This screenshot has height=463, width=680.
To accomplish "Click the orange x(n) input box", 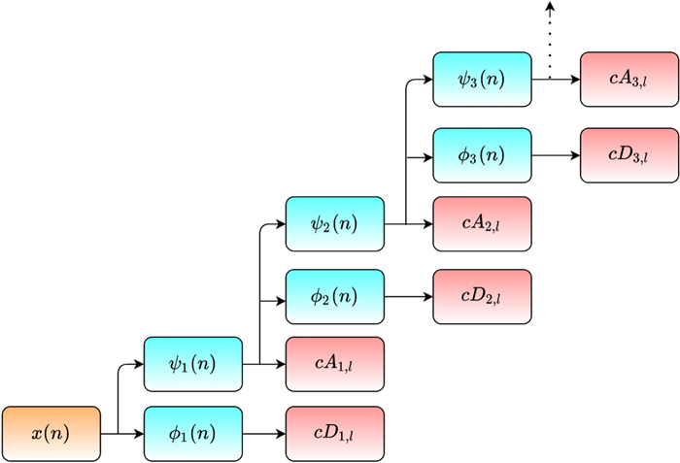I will click(x=51, y=434).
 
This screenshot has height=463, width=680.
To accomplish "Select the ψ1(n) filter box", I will click(x=192, y=364).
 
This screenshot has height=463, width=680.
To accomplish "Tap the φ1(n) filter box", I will click(x=192, y=434).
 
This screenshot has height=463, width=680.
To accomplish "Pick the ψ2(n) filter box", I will click(x=335, y=224).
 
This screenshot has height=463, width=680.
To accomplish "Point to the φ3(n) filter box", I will click(x=482, y=155).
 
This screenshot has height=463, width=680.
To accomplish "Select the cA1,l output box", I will click(x=334, y=364).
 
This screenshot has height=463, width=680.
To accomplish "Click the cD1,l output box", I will click(x=334, y=434).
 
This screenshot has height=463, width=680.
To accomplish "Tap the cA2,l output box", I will click(x=482, y=224).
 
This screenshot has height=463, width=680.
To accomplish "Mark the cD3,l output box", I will click(x=629, y=155).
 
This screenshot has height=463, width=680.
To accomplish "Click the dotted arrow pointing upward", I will click(x=550, y=39).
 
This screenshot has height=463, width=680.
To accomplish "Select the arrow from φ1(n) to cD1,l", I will click(x=263, y=434).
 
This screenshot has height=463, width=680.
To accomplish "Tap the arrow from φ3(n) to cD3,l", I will click(x=556, y=155).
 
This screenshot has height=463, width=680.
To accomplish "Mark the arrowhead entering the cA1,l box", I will click(x=280, y=364).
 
